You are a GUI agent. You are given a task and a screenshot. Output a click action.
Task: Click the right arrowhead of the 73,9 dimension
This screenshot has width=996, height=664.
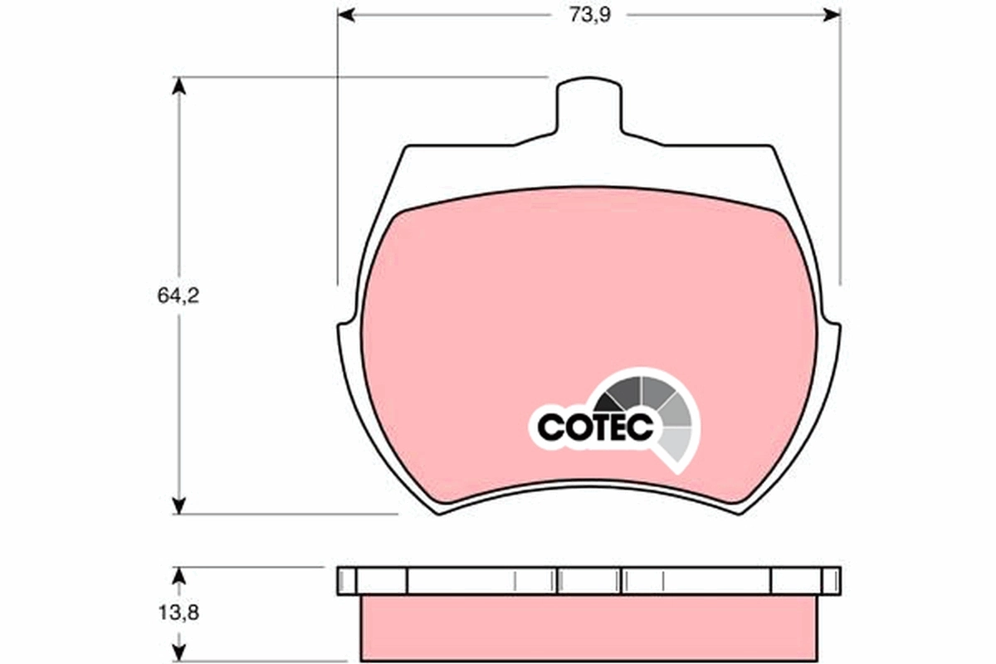pyautogui.click(x=832, y=15)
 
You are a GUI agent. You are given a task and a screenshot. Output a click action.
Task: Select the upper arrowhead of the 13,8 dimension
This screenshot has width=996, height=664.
pyautogui.click(x=178, y=574)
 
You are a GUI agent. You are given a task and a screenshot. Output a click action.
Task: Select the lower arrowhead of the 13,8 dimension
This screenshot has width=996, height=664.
pyautogui.click(x=178, y=655)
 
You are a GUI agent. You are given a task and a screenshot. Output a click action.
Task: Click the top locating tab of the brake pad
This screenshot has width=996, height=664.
pyautogui.click(x=588, y=104)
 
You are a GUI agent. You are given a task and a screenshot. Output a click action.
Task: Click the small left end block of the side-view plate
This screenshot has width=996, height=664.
pyautogui.click(x=347, y=580)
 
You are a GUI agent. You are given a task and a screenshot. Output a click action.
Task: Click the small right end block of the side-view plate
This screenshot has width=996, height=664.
pyautogui.click(x=831, y=580)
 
